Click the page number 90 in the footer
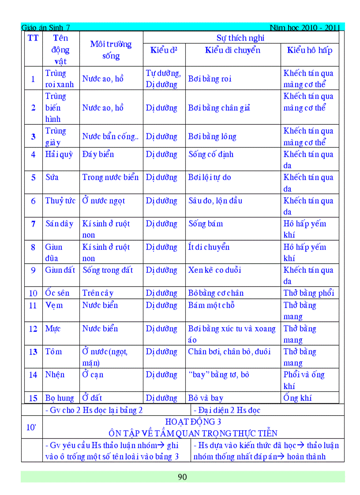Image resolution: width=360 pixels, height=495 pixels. click(x=182, y=477)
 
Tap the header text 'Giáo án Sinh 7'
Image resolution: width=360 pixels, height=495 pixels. click(x=45, y=28)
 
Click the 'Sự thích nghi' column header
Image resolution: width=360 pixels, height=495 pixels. click(x=240, y=37)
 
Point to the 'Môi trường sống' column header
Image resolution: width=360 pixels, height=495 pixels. click(x=111, y=50)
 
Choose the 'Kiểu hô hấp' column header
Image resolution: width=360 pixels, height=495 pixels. click(x=310, y=50)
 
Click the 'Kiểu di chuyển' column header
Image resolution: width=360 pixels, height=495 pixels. click(x=232, y=50)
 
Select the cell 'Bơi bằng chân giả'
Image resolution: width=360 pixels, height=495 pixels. click(x=219, y=108)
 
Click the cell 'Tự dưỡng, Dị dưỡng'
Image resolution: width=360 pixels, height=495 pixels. click(x=163, y=78)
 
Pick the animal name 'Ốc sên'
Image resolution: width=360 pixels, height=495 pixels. click(x=57, y=293)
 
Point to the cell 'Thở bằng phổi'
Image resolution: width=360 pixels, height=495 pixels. click(x=309, y=293)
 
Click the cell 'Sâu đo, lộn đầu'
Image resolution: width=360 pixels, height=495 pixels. click(x=215, y=201)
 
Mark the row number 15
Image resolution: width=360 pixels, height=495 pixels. click(x=33, y=398)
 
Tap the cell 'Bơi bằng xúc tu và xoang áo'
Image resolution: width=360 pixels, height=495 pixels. click(x=232, y=334)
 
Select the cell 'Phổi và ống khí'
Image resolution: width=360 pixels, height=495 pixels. click(x=304, y=380)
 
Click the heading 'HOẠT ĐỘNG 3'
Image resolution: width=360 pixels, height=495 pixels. click(x=193, y=422)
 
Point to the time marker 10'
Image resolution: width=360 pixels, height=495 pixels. click(x=32, y=427)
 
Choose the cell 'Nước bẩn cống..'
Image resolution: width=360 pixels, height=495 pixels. click(x=110, y=137)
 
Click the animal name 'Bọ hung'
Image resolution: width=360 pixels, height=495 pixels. click(x=60, y=398)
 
